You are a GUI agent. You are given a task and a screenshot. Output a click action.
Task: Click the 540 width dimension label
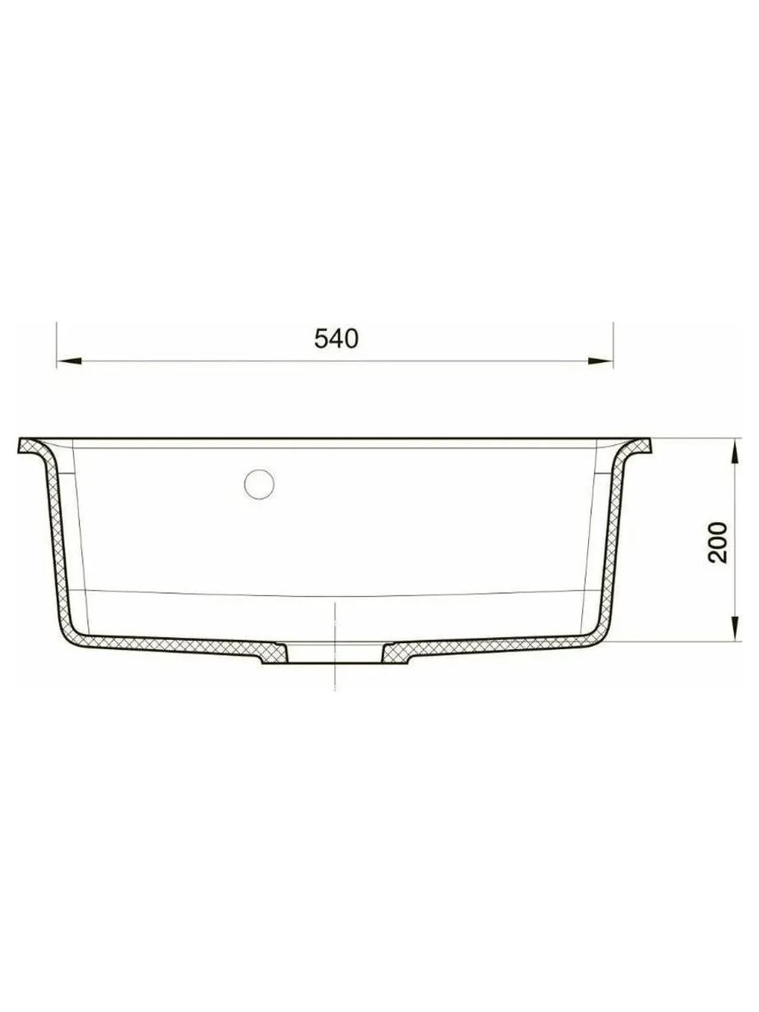(336, 339)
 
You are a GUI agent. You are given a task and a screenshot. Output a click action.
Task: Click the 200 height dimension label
(717, 542)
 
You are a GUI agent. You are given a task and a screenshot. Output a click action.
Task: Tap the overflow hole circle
(259, 484)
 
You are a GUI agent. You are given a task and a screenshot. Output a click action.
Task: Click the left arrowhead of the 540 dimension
(69, 362)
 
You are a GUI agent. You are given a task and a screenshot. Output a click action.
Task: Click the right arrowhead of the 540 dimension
(600, 362)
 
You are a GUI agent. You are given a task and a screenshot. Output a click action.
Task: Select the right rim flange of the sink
(638, 446)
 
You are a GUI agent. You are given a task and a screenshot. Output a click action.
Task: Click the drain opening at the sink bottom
(335, 654)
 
